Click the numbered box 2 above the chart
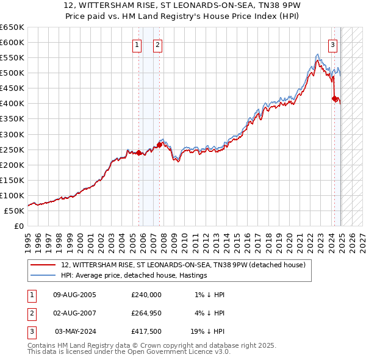[x=157, y=45]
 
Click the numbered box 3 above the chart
[x=333, y=45]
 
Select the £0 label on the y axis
[x=18, y=226]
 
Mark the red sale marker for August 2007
[x=159, y=145]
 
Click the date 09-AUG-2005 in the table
[x=75, y=295]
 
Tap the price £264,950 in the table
[x=146, y=313]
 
